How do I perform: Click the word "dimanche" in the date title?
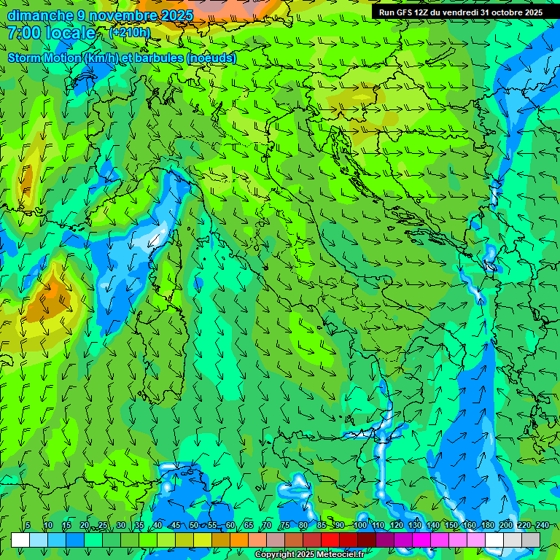(40, 15)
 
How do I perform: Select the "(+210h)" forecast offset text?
(130, 33)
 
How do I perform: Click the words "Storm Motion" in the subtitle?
(45, 58)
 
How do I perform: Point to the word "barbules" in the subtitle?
(157, 58)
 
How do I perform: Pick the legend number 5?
(28, 525)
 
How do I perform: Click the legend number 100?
(360, 525)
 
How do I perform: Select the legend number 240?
(542, 525)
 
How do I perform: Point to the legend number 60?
(230, 525)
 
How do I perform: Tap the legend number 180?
(488, 525)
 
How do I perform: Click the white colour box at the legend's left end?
(20, 540)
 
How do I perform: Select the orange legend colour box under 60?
(221, 540)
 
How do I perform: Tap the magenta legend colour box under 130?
(421, 540)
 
